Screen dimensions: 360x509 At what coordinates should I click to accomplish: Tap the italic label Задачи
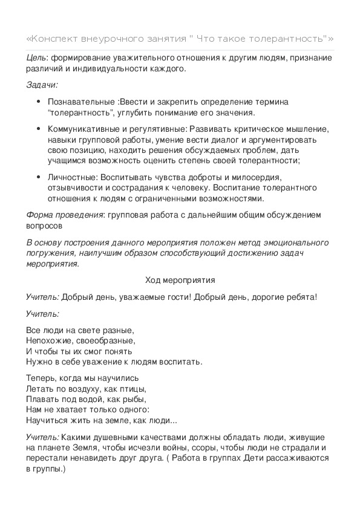point(42,85)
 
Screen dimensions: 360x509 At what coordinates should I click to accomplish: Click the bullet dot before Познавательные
point(39,102)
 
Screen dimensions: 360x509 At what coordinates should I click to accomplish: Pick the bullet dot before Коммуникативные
point(39,129)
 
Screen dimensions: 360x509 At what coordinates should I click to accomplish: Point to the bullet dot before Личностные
point(39,177)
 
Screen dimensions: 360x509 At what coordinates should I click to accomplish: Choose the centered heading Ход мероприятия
point(180,280)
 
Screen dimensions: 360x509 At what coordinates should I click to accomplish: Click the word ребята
point(299,297)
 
